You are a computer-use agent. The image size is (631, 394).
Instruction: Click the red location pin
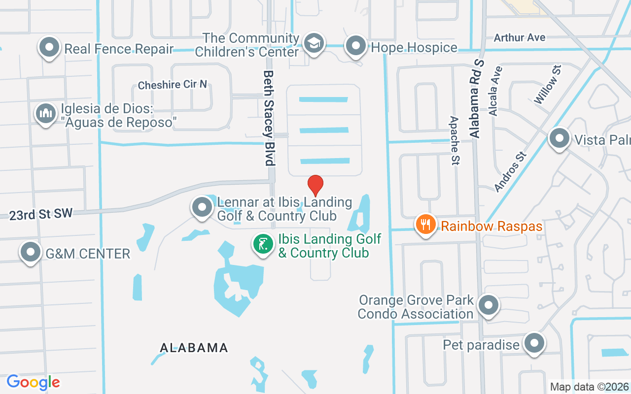point(315,185)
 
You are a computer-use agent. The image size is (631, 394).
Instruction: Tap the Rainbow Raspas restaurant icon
point(424,225)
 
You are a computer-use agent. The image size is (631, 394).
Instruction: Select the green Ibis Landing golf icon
point(264,244)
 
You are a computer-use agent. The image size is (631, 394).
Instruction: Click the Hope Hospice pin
point(355,46)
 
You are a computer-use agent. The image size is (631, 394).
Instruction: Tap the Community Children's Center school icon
point(313,43)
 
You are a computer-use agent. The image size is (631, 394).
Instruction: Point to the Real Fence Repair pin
point(49,48)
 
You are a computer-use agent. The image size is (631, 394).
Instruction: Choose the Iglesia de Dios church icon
point(45,113)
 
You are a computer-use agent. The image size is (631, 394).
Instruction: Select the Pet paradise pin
point(533,343)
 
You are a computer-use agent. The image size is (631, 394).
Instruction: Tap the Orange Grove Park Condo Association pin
point(488,305)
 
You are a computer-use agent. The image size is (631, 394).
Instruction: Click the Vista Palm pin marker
point(559,138)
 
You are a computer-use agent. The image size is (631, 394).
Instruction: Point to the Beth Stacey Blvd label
point(269,117)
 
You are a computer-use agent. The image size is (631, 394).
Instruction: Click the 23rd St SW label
point(41,214)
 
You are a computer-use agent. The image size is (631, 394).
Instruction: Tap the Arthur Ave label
point(520,37)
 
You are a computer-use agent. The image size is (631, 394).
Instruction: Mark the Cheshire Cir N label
point(172,85)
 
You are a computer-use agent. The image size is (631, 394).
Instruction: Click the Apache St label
point(455,140)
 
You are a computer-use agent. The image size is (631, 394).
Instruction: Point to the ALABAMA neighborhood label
point(194,348)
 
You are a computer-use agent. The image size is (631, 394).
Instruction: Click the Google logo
point(34,382)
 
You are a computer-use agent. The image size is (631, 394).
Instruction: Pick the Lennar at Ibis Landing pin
point(202,207)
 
